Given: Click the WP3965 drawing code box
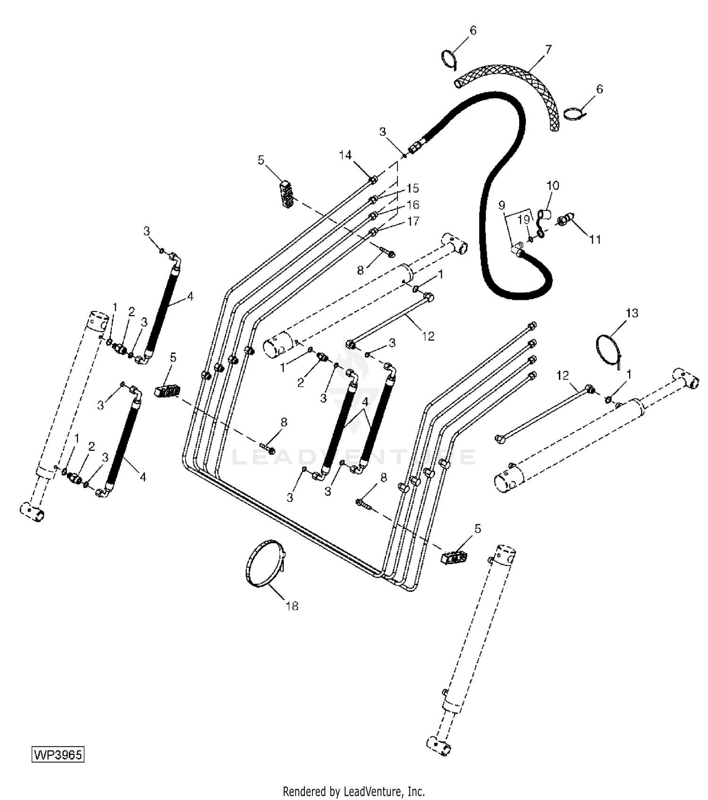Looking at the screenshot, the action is point(58,754).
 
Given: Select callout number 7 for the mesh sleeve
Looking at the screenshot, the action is point(548,49).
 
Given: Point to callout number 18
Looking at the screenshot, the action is point(292,606).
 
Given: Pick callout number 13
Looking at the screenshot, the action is point(632,313).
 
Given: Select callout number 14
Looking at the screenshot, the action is point(346,155).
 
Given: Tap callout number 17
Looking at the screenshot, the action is point(413,221).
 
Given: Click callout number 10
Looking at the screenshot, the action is point(553,185).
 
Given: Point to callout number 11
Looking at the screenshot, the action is point(595,240).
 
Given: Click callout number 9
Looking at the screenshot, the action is point(502,205).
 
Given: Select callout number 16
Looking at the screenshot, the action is point(413,204).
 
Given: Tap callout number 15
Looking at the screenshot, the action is point(413,188).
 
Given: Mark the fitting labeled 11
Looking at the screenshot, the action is point(565,219).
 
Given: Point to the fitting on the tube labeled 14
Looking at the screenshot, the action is point(373,179).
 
